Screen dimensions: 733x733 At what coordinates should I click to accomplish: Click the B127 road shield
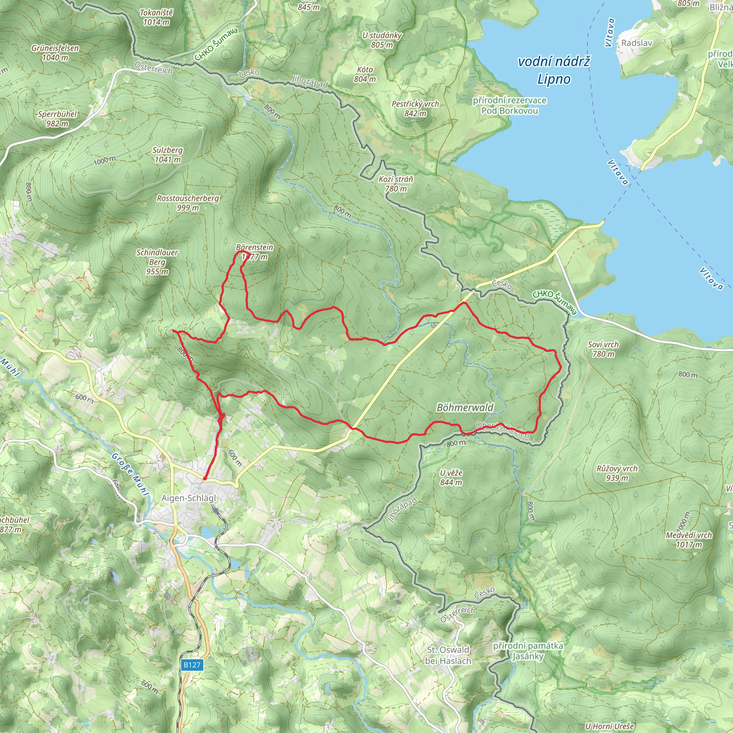point(191,665)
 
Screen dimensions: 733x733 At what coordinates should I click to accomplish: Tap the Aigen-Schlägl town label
point(189,498)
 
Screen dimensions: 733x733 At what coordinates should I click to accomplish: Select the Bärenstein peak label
point(254,252)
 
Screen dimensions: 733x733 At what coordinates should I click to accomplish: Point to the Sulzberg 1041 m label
point(168,155)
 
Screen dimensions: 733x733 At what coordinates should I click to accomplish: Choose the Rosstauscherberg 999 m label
point(188,203)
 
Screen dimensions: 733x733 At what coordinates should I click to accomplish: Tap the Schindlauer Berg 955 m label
point(157,262)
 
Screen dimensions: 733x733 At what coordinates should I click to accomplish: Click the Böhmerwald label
point(465,407)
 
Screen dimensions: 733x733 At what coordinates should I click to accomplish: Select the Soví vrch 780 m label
point(603,349)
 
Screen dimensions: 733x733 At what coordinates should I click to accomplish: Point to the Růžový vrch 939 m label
point(617,473)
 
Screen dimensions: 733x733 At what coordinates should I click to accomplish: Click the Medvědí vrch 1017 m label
point(689,540)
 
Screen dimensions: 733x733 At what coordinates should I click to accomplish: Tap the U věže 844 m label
point(451,478)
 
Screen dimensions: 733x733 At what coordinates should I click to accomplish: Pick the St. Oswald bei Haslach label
point(448,655)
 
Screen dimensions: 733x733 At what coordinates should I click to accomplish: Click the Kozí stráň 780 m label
point(396,184)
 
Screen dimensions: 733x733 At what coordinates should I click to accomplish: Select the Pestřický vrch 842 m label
point(415,108)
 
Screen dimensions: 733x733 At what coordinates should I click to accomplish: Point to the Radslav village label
point(637,43)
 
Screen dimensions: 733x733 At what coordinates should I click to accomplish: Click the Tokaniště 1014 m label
point(156,18)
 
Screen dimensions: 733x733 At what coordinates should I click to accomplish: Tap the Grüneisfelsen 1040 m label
point(55,53)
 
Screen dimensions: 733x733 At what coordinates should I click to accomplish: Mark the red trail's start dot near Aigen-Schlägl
point(204,479)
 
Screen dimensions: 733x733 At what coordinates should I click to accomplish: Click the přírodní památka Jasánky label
point(528,651)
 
